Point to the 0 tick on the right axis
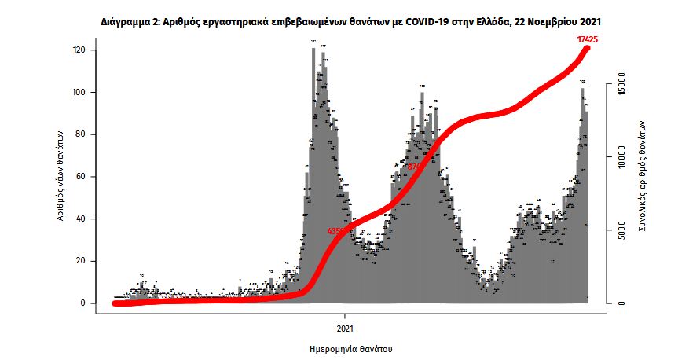[620, 303]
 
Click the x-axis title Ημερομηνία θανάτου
[351, 347]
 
